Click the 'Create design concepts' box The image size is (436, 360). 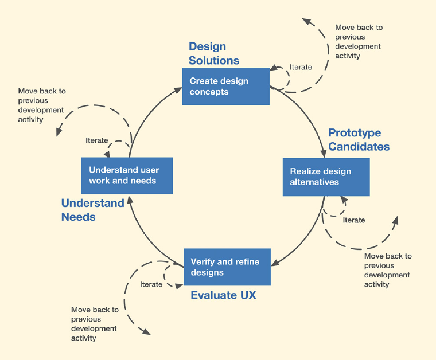226,87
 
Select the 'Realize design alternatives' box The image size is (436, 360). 326,177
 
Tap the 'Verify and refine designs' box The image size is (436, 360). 227,267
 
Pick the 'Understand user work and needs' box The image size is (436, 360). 127,175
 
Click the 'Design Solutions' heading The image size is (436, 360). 214,53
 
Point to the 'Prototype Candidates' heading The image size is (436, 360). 359,140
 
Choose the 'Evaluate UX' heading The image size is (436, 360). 223,295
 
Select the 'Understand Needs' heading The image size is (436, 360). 92,210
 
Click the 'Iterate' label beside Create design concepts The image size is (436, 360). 301,67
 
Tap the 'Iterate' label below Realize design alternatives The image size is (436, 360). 354,220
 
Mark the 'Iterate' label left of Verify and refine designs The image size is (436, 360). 151,284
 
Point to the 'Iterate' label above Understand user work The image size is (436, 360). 97,140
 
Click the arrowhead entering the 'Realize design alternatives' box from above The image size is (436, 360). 323,154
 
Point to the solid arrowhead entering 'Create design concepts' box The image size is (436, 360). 178,90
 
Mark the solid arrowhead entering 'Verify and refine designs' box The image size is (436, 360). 275,263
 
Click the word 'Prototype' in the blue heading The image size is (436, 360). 355,133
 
